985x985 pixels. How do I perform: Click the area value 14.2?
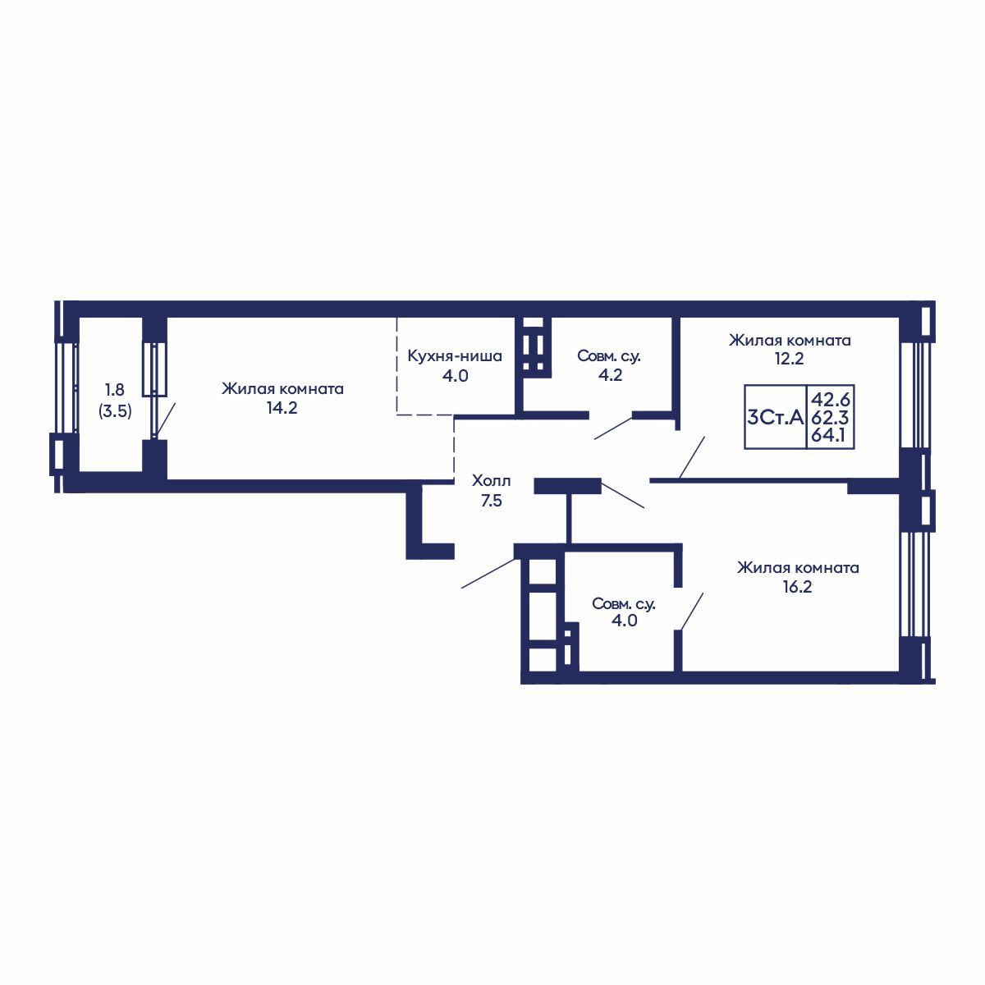[282, 408]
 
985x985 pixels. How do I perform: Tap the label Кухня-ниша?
[455, 356]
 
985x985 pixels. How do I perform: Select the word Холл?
[491, 481]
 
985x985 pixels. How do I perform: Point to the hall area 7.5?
[491, 501]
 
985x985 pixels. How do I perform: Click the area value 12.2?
[788, 359]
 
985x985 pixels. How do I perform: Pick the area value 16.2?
[797, 587]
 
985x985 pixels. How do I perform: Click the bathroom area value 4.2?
[610, 374]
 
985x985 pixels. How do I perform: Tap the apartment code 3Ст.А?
[776, 418]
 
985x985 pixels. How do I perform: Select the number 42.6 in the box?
[830, 399]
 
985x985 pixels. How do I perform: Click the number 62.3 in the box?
[830, 418]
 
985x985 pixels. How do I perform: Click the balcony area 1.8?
[115, 390]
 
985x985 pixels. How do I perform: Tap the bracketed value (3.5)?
[115, 411]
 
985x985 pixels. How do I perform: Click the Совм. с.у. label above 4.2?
[609, 356]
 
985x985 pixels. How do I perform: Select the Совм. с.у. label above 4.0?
[624, 603]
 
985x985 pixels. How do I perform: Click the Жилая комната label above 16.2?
[798, 567]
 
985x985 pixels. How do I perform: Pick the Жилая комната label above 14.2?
[282, 389]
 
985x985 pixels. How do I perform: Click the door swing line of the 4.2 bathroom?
[613, 428]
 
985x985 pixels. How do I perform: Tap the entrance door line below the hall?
[488, 573]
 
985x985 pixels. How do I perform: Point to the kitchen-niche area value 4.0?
[455, 376]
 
